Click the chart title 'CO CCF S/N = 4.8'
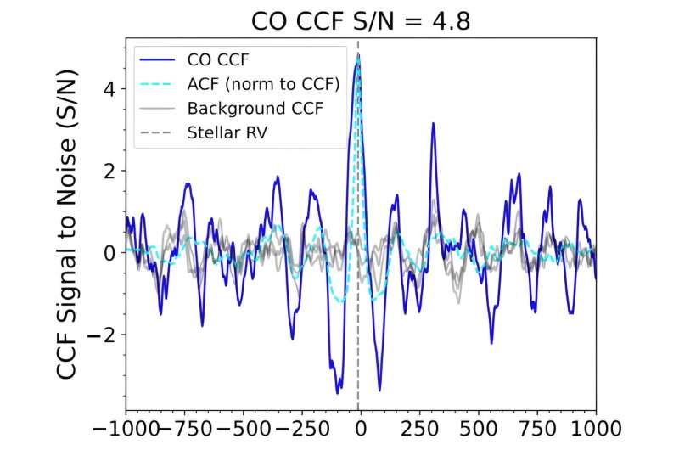(x=360, y=19)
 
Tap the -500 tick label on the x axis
(x=240, y=427)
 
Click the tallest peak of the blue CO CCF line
(x=358, y=54)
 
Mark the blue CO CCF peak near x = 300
(x=433, y=124)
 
